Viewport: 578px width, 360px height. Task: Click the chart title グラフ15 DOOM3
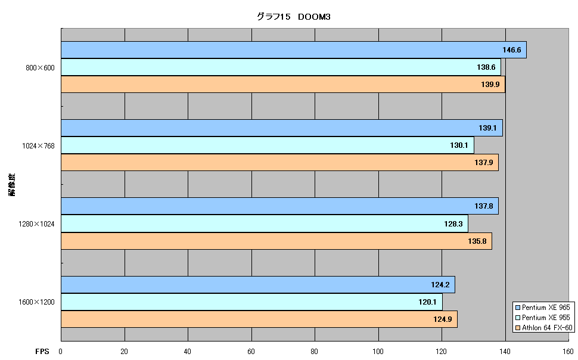click(293, 17)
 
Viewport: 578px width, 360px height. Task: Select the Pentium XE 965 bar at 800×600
click(294, 50)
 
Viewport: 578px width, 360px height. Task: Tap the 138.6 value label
click(486, 67)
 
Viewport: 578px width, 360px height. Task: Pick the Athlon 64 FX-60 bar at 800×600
click(283, 85)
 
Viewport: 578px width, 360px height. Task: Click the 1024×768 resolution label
click(38, 145)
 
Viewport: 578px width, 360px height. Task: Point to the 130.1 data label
click(459, 145)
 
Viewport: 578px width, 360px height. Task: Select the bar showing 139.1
click(282, 128)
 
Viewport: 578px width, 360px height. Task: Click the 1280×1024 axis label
click(36, 224)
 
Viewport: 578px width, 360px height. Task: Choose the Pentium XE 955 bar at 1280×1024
click(265, 224)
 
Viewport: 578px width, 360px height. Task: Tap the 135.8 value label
click(477, 241)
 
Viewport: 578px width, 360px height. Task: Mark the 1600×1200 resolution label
click(36, 302)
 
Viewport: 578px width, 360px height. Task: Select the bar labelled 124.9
click(259, 319)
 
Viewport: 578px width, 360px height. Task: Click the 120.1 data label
click(427, 302)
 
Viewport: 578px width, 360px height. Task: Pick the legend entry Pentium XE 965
click(543, 308)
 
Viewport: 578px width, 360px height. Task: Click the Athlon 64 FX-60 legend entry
click(543, 328)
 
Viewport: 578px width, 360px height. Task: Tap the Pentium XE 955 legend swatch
click(518, 318)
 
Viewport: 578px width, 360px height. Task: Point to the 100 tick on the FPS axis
click(378, 352)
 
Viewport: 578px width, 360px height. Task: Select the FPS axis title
click(42, 352)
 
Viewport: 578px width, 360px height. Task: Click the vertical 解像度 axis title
click(12, 185)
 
